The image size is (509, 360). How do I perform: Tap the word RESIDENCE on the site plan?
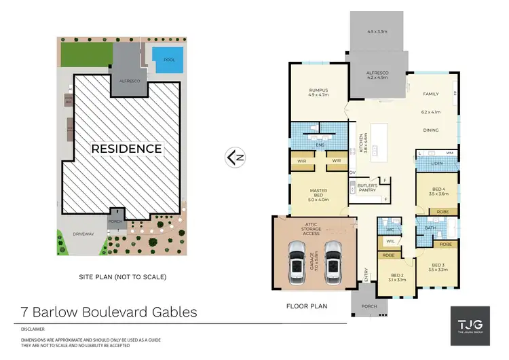pos(128,148)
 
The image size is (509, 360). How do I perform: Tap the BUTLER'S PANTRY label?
pos(369,188)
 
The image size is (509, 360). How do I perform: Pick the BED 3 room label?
pos(440,266)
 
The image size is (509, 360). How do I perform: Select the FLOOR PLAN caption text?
pos(306,306)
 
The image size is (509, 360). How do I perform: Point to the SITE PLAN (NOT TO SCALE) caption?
pos(123,276)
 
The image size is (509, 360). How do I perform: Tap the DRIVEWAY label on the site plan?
pos(81,234)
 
